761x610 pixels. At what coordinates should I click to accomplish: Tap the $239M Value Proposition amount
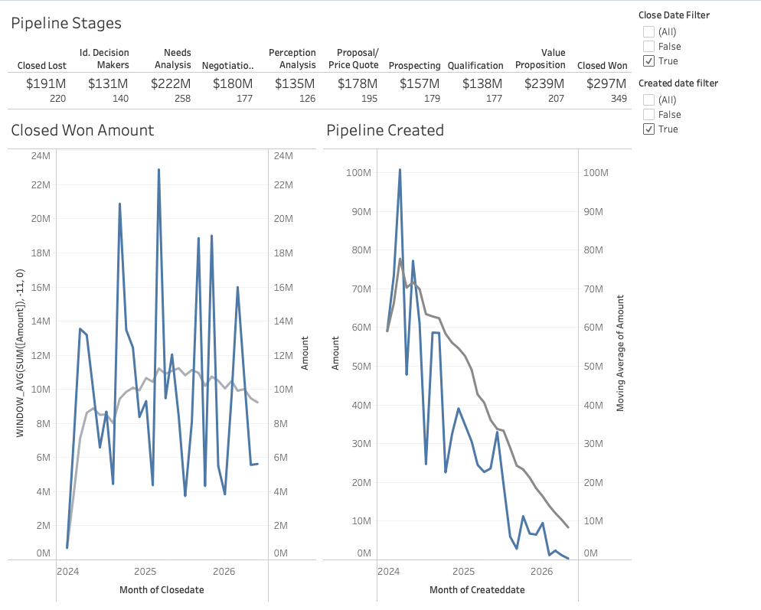pyautogui.click(x=544, y=83)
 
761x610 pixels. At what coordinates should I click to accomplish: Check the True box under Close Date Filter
pyautogui.click(x=649, y=60)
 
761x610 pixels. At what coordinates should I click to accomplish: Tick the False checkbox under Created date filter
pyautogui.click(x=649, y=114)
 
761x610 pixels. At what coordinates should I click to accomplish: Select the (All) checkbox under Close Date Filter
pyautogui.click(x=649, y=31)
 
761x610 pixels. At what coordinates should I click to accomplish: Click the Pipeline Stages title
pyautogui.click(x=66, y=24)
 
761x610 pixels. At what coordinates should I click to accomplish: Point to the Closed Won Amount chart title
pyautogui.click(x=83, y=130)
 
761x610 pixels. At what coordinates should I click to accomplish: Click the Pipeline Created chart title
pyautogui.click(x=385, y=130)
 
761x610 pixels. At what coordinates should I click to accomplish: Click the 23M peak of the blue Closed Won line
pyautogui.click(x=158, y=170)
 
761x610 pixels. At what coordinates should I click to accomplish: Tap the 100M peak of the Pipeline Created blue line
pyautogui.click(x=400, y=170)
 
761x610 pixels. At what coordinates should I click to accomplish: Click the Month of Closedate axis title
pyautogui.click(x=162, y=589)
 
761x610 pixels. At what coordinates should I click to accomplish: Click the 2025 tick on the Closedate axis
pyautogui.click(x=145, y=571)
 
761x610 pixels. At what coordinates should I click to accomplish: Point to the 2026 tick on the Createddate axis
pyautogui.click(x=541, y=571)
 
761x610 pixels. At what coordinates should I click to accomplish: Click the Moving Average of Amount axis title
pyautogui.click(x=620, y=353)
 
